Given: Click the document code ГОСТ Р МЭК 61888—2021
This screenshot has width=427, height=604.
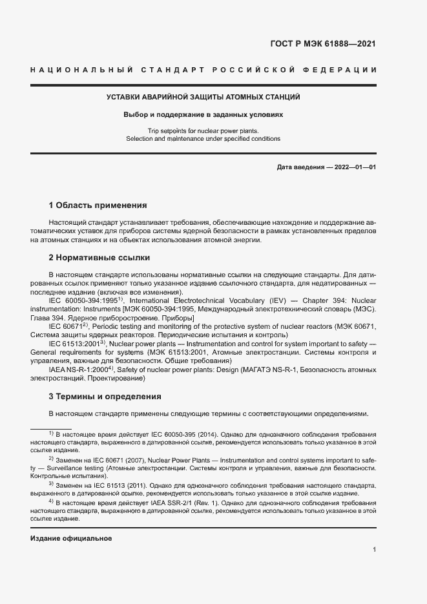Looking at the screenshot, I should [322, 44].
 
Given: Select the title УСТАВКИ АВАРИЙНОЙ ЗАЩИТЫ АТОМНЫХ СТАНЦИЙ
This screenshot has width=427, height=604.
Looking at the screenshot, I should [203, 98].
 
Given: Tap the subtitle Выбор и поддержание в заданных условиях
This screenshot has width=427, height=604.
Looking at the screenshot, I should [203, 114].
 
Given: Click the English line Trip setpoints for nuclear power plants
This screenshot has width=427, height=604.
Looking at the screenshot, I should [203, 130].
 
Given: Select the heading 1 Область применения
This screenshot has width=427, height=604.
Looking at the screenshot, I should [98, 205].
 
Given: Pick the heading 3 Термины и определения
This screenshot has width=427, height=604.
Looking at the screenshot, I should [105, 396].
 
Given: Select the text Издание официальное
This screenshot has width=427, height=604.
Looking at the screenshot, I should [71, 538].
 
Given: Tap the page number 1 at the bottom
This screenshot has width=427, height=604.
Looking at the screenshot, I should [375, 549].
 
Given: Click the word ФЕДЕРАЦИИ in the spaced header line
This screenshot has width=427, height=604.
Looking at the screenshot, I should [343, 69].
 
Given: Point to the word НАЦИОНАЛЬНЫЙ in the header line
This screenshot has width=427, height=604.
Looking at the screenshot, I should [82, 69].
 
